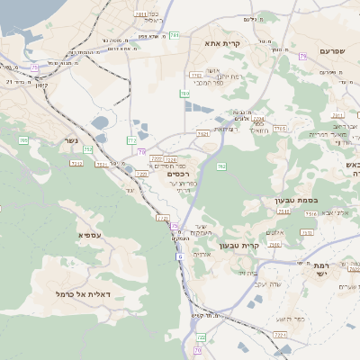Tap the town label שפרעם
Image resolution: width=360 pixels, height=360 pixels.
[332, 51]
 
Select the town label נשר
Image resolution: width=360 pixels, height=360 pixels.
[71, 140]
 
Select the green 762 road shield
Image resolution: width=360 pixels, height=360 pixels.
[220, 166]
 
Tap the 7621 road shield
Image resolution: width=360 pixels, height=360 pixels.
[202, 134]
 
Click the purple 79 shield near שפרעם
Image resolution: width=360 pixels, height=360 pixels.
[302, 56]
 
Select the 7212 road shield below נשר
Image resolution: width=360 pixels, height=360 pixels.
[77, 164]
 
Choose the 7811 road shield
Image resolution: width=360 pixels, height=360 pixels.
[140, 14]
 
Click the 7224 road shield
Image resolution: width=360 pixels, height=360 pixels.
[278, 335]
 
